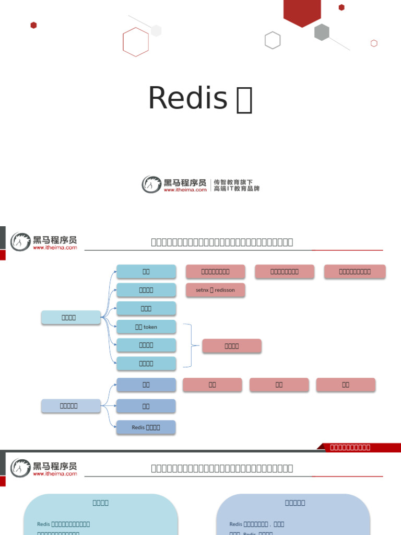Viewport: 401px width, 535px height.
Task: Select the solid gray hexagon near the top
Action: point(322,32)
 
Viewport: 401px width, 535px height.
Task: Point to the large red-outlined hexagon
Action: point(136,42)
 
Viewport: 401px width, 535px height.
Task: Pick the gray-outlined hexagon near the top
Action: point(273,40)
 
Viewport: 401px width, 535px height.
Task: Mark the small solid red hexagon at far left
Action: point(33,25)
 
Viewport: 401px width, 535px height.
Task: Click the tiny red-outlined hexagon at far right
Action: point(374,43)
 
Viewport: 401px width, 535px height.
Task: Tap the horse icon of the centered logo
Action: point(151,184)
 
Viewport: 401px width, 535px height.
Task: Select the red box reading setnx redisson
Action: point(215,290)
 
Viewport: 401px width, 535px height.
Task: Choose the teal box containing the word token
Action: point(146,327)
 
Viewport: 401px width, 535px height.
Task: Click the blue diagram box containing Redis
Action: point(146,427)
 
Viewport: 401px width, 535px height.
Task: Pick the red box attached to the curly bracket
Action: point(231,346)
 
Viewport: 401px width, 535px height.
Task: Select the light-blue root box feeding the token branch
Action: point(70,317)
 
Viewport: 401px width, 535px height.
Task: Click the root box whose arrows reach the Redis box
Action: point(70,405)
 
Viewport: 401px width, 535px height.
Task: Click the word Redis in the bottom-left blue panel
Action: point(44,524)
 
